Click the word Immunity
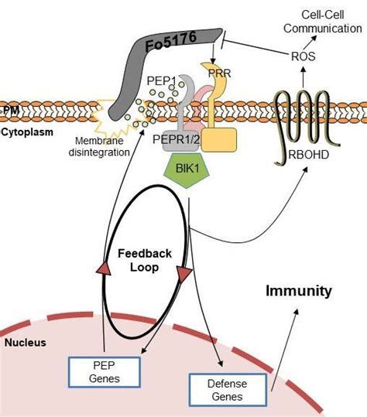(x=298, y=292)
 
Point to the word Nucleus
(x=26, y=341)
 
